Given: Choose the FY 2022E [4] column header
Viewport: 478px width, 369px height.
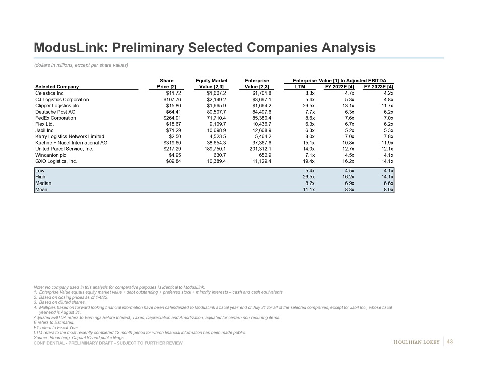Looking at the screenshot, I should [x=340, y=87].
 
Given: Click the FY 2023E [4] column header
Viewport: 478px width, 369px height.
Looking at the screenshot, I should [x=378, y=87].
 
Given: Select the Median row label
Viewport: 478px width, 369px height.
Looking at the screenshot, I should [x=43, y=183].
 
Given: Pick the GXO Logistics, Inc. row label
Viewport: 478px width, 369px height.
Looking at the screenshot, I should [x=56, y=161].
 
